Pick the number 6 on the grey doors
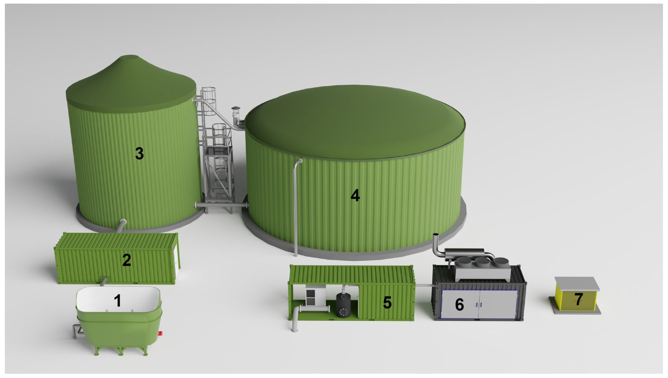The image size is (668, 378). pyautogui.click(x=459, y=304)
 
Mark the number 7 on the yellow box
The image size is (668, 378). pyautogui.click(x=579, y=299)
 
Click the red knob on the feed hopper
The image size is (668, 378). pyautogui.click(x=161, y=333)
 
